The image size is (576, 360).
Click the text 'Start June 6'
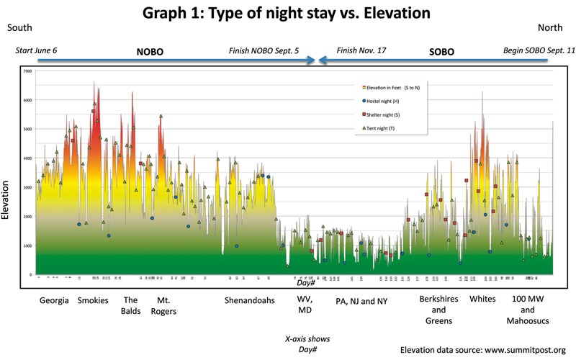[42, 52]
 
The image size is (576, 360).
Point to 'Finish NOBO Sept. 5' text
[264, 52]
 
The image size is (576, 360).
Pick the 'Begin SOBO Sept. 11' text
[531, 52]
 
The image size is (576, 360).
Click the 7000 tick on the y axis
[27, 71]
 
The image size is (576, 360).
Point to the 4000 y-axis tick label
[27, 158]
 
